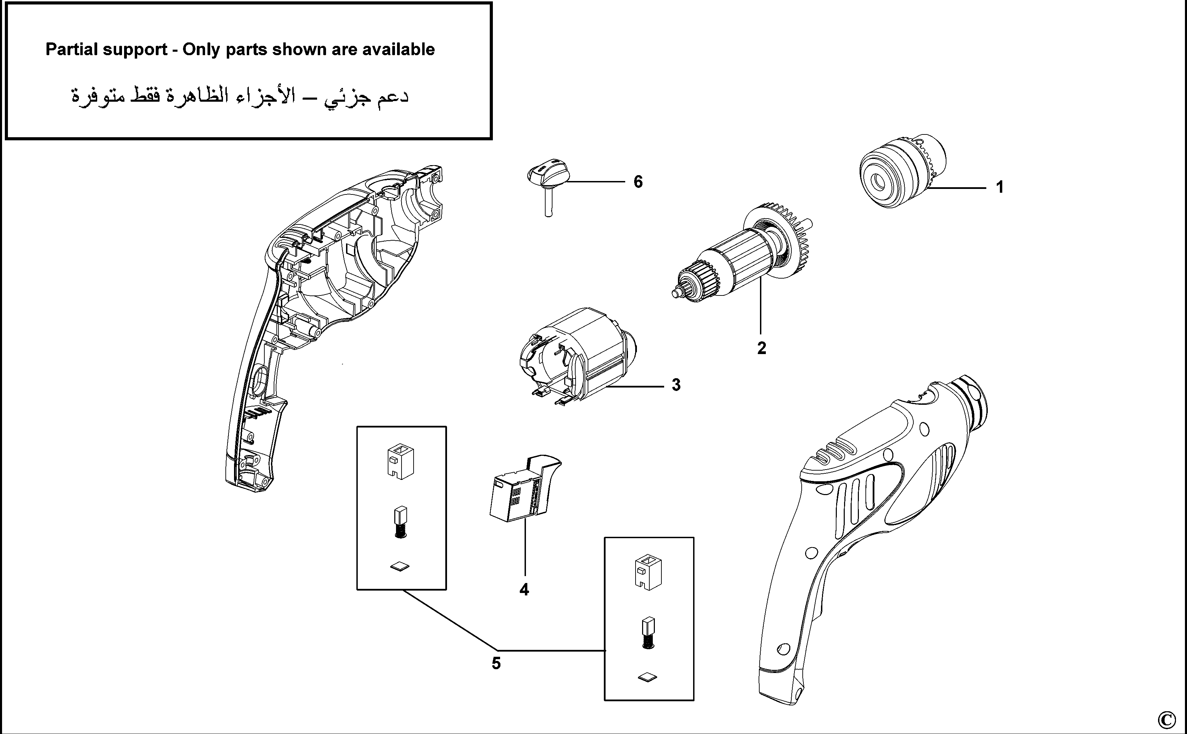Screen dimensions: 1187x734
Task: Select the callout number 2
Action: (x=761, y=348)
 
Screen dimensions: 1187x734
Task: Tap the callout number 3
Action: (x=676, y=385)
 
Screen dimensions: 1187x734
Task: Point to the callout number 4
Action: (x=524, y=590)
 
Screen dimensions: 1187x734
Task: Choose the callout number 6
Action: (x=638, y=182)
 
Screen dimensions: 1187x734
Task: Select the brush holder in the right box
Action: (x=648, y=573)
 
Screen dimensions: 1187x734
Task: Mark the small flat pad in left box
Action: (x=399, y=566)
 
